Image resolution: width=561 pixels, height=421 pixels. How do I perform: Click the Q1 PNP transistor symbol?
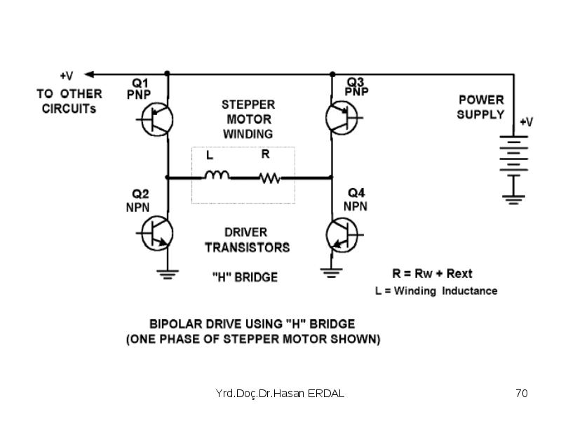tap(156, 119)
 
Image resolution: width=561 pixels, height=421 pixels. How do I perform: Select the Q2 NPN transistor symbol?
tap(156, 234)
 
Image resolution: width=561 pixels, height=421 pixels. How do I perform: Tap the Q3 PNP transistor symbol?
tap(342, 117)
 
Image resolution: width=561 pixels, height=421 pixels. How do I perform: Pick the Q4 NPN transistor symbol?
tap(342, 235)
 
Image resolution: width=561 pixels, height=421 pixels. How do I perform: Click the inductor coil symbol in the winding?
tap(217, 175)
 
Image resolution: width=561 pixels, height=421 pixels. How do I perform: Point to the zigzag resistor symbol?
tap(270, 178)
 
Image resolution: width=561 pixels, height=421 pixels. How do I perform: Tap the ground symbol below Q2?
tap(168, 274)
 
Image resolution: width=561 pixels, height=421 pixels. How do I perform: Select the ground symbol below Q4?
tap(331, 273)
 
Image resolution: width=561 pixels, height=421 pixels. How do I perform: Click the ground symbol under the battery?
tap(513, 200)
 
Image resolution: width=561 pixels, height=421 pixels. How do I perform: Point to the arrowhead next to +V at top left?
tap(89, 74)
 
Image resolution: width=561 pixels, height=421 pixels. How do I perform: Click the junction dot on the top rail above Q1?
tap(167, 74)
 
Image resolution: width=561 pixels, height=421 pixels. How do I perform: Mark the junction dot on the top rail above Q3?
tap(332, 74)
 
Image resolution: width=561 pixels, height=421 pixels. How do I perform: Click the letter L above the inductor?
tap(210, 155)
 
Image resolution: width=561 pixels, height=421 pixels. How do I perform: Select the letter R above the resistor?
tap(265, 154)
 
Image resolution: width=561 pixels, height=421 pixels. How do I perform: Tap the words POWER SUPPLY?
tap(481, 107)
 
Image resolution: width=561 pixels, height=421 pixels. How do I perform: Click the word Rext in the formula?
tap(459, 274)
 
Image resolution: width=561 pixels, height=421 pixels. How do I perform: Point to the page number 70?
tap(522, 393)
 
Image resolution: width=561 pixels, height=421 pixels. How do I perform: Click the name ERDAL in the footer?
tap(326, 393)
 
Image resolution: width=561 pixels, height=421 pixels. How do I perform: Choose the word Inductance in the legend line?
tap(470, 290)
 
